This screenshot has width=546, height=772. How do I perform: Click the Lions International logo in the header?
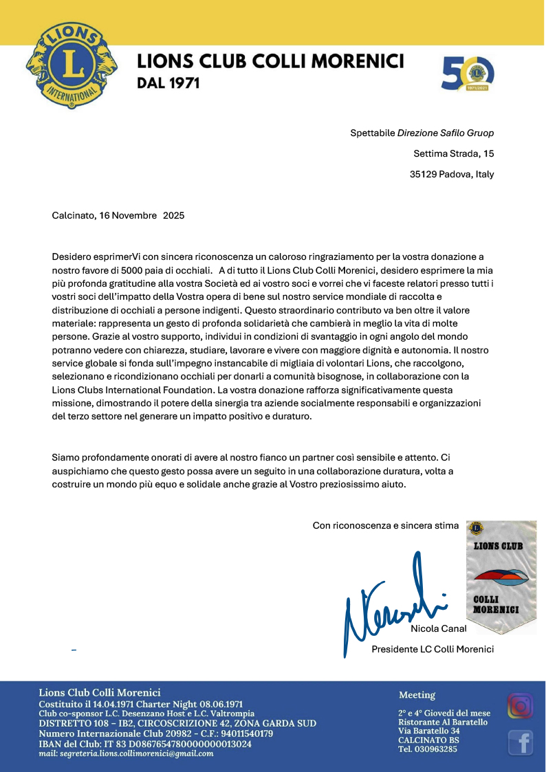(x=72, y=65)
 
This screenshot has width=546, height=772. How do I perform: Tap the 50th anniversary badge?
(x=468, y=74)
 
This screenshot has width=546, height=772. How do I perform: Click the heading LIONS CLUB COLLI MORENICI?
(x=270, y=62)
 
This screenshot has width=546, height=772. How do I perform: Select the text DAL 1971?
(x=168, y=83)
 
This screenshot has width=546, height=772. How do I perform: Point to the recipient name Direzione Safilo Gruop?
(x=446, y=133)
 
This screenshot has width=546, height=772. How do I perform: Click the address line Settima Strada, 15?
(x=454, y=153)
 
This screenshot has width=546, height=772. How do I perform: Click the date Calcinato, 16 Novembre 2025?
(x=118, y=215)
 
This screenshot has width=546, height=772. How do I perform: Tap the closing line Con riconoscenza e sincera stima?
(x=385, y=526)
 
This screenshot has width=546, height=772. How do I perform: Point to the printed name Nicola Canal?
(x=439, y=628)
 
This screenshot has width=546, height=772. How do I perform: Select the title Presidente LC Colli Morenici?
(x=433, y=649)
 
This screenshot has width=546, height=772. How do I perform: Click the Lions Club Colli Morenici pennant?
(x=501, y=576)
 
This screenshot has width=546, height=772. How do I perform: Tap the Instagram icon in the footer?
(x=521, y=706)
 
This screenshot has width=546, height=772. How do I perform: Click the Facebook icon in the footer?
(x=521, y=742)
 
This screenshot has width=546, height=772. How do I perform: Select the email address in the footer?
(x=126, y=753)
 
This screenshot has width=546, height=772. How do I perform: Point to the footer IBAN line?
(x=145, y=743)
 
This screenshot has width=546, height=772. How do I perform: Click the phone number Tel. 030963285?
(x=428, y=749)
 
